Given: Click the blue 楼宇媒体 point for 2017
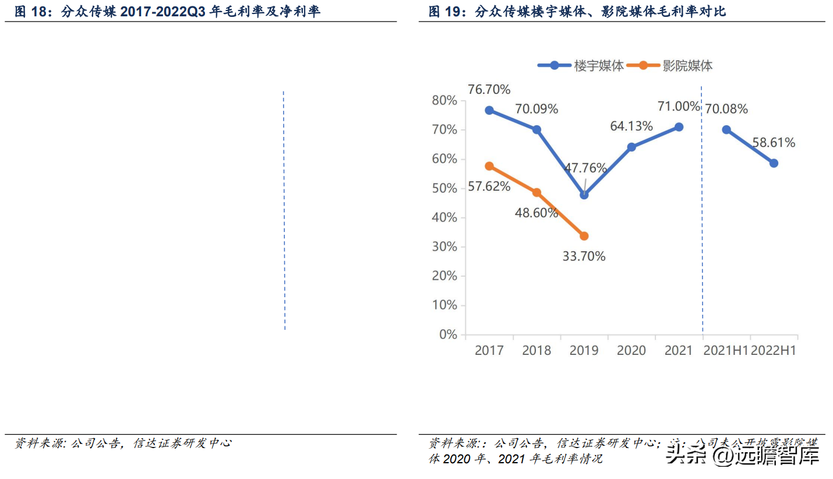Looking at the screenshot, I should point(489,110).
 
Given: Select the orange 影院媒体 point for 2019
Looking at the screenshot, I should point(584,236).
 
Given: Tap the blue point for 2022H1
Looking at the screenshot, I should point(774,163).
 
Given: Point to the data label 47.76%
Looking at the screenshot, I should point(585,168).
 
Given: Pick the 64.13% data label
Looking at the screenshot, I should point(631,126).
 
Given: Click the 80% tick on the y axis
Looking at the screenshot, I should point(444,101).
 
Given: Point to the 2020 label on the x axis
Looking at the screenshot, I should point(631,350).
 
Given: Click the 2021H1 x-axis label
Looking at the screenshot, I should point(725,350).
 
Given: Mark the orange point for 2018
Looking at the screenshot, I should point(536,192).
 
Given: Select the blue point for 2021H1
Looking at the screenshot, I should point(726,129).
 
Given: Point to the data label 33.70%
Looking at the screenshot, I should point(584,256).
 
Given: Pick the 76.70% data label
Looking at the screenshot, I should point(489,90).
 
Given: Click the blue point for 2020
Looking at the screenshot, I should point(631,147).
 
